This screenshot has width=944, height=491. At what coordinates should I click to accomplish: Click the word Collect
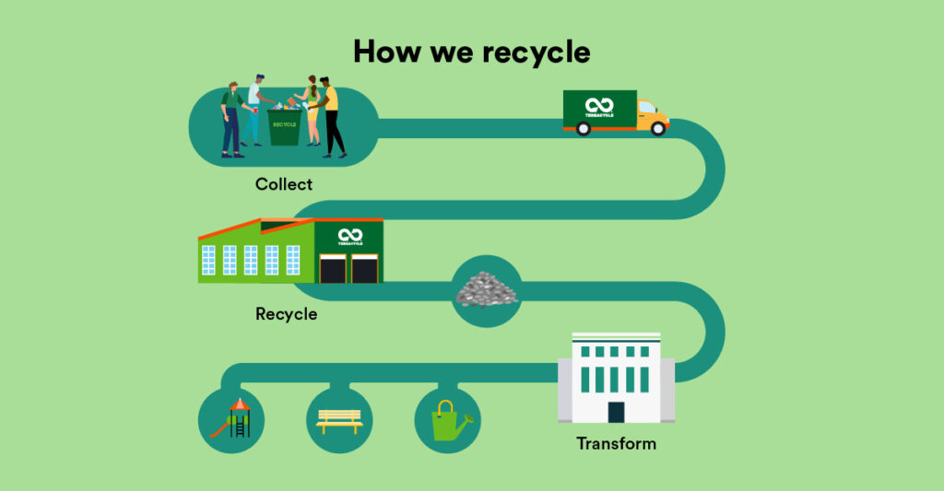(284, 184)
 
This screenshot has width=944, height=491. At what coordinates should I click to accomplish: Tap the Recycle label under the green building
(286, 314)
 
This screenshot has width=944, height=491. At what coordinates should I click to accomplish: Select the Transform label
(616, 444)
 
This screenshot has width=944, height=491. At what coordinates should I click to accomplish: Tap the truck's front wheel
(657, 129)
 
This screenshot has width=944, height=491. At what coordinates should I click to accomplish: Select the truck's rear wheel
(583, 129)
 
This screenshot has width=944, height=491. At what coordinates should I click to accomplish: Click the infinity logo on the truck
(599, 105)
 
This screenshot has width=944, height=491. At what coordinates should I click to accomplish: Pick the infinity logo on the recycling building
(349, 236)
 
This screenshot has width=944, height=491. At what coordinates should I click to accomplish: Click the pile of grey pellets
(487, 289)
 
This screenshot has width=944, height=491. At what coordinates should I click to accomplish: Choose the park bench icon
(339, 421)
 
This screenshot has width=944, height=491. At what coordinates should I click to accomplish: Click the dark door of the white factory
(616, 412)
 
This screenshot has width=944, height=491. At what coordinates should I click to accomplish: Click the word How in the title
(383, 52)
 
